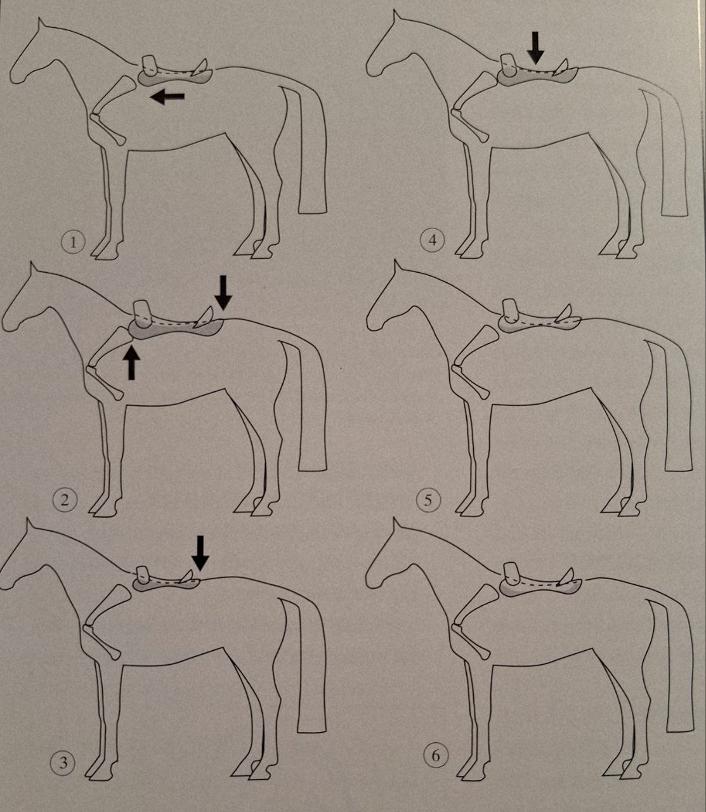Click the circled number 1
click(73, 242)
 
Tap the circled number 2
click(65, 499)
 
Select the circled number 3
click(62, 763)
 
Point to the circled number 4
click(433, 240)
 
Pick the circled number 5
click(428, 501)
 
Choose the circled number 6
click(435, 756)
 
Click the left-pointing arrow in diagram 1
click(167, 96)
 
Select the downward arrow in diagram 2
click(223, 292)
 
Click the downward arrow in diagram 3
click(200, 553)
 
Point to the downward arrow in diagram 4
click(536, 48)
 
